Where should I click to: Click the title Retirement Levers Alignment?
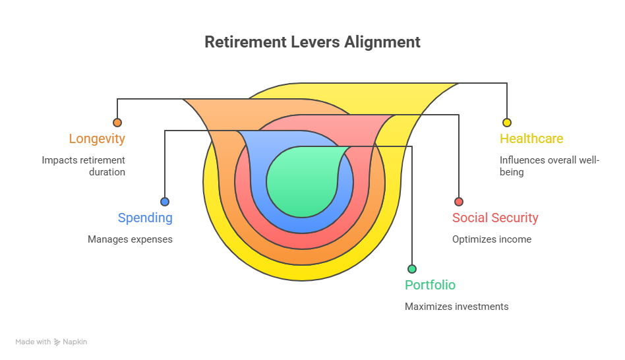click(x=312, y=42)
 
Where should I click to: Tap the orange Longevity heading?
click(x=97, y=139)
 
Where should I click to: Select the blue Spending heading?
click(x=145, y=218)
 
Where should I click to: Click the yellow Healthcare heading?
click(x=531, y=139)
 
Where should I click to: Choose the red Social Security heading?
click(x=495, y=218)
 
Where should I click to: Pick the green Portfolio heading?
click(x=430, y=285)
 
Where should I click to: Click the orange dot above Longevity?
click(x=117, y=123)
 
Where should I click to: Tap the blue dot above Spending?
click(x=165, y=202)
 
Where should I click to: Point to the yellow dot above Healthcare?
click(x=507, y=123)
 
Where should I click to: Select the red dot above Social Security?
click(x=459, y=202)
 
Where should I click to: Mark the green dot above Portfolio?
click(x=412, y=269)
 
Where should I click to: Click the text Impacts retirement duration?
click(x=84, y=165)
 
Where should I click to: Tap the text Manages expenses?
click(x=130, y=239)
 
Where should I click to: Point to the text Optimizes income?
click(x=491, y=239)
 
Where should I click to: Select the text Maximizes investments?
click(x=456, y=307)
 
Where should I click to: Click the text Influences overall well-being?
click(x=549, y=165)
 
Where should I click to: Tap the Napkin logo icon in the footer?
click(x=57, y=342)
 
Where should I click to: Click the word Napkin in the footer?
click(x=75, y=342)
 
